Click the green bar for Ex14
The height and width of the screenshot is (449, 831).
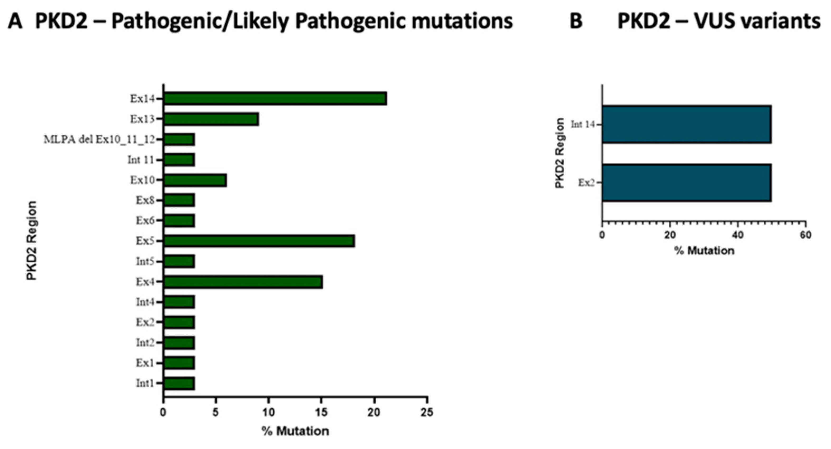pyautogui.click(x=275, y=99)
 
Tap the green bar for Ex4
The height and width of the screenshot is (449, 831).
pyautogui.click(x=243, y=282)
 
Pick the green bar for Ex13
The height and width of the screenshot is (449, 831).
pyautogui.click(x=211, y=119)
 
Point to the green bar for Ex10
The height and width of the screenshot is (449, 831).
pyautogui.click(x=195, y=180)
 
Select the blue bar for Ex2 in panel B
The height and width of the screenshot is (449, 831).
pyautogui.click(x=687, y=183)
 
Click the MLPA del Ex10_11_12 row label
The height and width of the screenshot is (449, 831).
pyautogui.click(x=99, y=140)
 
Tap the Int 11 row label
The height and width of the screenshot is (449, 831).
pyautogui.click(x=141, y=160)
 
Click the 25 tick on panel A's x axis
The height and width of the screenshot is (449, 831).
pyautogui.click(x=427, y=412)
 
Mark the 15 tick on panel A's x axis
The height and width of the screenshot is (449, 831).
pyautogui.click(x=321, y=412)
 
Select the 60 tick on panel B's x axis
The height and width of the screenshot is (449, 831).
pyautogui.click(x=805, y=235)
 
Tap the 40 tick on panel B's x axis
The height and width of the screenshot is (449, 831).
pyautogui.click(x=738, y=235)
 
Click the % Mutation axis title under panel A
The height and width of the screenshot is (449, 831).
pyautogui.click(x=295, y=431)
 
